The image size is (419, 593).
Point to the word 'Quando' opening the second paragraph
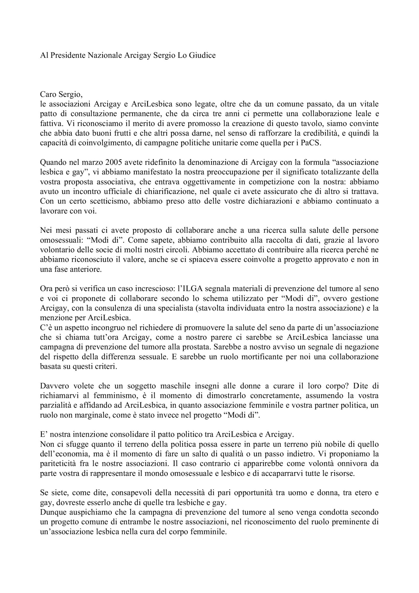click(51, 162)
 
